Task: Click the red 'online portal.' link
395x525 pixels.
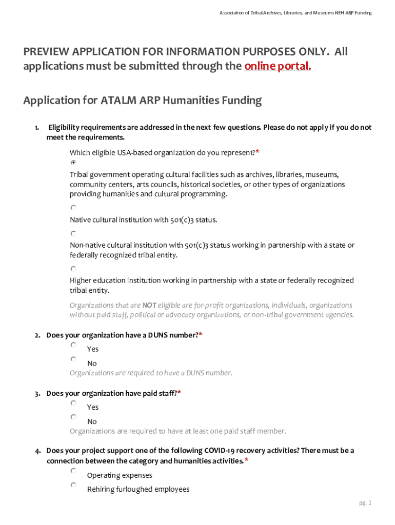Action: (278, 66)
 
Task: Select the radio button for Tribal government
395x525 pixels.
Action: (73, 162)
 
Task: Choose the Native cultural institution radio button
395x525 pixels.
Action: (73, 208)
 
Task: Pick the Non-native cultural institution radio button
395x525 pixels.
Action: (73, 233)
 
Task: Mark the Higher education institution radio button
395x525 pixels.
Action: (73, 269)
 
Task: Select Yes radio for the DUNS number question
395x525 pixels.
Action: (73, 346)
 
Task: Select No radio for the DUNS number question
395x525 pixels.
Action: (73, 359)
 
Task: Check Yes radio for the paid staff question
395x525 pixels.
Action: (73, 404)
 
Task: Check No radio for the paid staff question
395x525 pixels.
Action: (73, 418)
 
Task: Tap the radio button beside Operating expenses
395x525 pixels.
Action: (73, 471)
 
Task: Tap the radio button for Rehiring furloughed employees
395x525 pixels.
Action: (73, 485)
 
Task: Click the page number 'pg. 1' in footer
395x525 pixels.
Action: (365, 503)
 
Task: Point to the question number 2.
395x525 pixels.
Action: (37, 336)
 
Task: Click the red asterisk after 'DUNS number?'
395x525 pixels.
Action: (201, 335)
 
